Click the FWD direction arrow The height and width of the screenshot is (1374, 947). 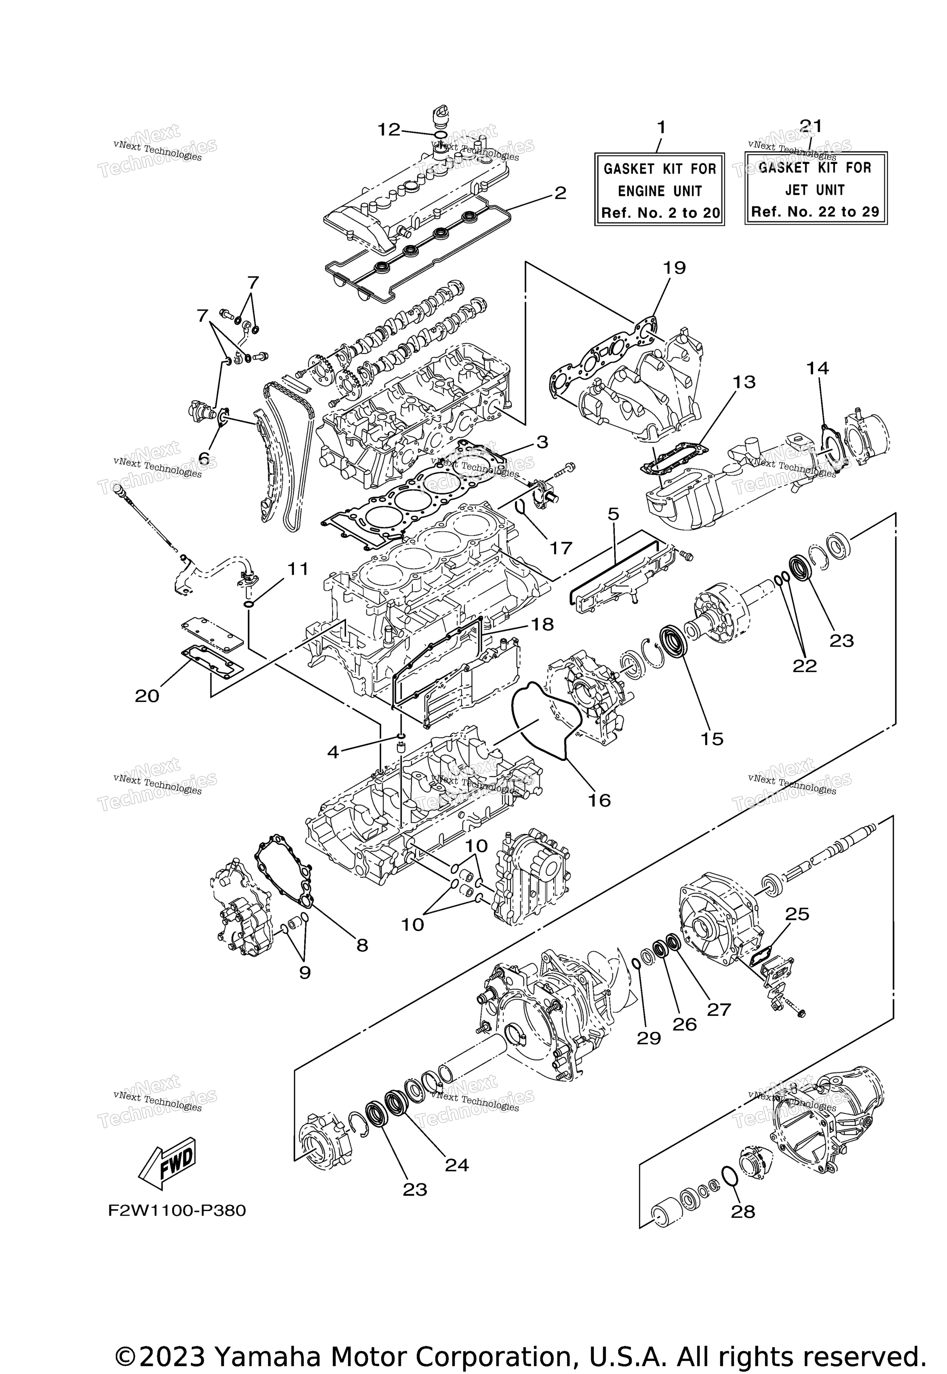(167, 1159)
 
